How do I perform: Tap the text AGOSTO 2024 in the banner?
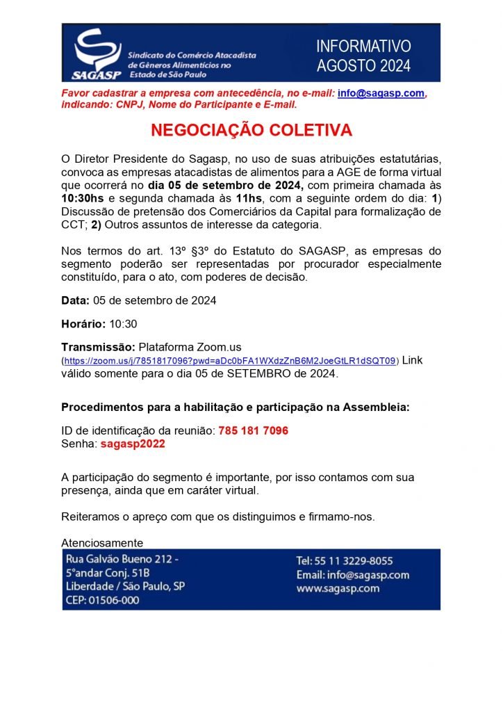(363, 66)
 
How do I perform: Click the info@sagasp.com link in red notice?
(381, 93)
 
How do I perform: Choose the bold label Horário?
(83, 324)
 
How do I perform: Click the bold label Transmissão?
(99, 347)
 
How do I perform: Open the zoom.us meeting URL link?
(230, 361)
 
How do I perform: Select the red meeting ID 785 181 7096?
(253, 430)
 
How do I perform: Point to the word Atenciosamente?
(102, 542)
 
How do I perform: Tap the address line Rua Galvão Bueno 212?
(121, 560)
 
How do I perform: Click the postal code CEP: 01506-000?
(101, 599)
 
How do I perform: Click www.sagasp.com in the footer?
(338, 588)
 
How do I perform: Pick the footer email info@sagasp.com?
(352, 575)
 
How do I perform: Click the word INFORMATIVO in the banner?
(363, 47)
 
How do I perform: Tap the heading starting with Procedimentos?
(235, 407)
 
